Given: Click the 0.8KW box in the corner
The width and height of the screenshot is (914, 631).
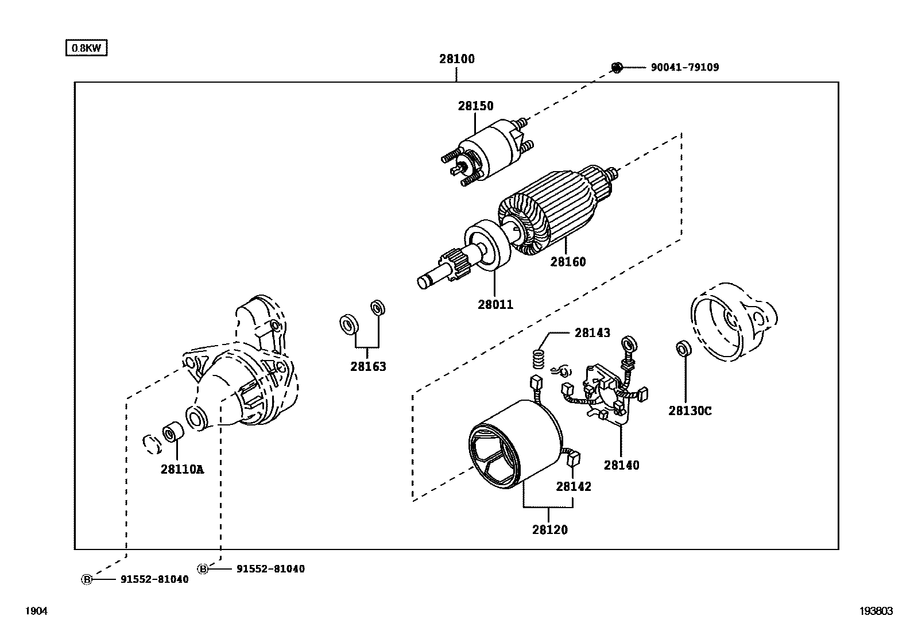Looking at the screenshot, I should click(x=86, y=48).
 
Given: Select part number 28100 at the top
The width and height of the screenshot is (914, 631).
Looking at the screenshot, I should click(x=457, y=59).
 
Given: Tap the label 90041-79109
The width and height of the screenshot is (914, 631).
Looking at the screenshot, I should click(x=684, y=67).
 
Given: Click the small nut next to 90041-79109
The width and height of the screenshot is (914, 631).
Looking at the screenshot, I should click(x=617, y=68).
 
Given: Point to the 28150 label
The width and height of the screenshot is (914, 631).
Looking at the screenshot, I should click(x=475, y=106).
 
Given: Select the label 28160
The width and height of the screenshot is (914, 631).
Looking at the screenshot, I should click(x=568, y=262).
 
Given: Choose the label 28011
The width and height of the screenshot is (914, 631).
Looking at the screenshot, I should click(x=495, y=305).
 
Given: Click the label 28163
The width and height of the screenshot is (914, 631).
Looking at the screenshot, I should click(x=368, y=366).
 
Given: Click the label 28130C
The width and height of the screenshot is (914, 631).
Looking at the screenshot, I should click(x=690, y=411).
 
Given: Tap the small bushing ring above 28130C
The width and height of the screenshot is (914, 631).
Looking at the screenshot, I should click(x=683, y=349).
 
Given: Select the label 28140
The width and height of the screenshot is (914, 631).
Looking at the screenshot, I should click(x=621, y=465).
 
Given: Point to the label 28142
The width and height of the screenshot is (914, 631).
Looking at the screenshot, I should click(x=573, y=486).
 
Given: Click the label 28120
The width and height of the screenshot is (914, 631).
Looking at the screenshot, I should click(x=549, y=530).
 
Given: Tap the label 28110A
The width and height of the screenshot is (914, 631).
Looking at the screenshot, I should click(x=182, y=469).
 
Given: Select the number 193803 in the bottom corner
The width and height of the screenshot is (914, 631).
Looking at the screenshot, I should click(x=876, y=611).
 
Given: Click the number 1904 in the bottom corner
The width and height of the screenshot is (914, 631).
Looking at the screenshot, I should click(x=36, y=611).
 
